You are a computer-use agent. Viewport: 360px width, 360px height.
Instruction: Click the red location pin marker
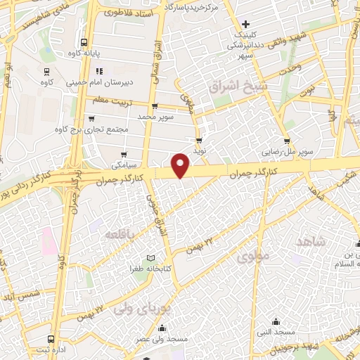181,165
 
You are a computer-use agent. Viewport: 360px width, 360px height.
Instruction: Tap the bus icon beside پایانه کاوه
84,42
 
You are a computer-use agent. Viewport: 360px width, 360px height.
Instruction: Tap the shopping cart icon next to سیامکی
124,155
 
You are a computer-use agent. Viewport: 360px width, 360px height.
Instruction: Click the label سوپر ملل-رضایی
285,150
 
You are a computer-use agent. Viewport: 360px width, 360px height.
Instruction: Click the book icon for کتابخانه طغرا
149,258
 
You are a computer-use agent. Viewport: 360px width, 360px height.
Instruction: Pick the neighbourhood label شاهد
311,241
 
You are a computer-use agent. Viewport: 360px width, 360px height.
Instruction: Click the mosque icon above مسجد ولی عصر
163,328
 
